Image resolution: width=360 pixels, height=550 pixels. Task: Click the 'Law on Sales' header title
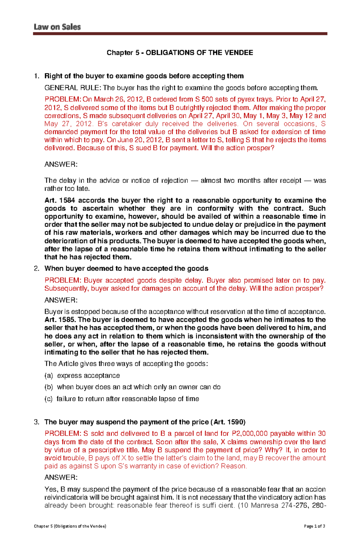(x=57, y=27)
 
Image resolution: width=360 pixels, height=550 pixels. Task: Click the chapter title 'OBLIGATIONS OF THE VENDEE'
(x=199, y=53)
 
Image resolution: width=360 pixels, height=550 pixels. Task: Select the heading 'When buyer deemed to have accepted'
(x=126, y=269)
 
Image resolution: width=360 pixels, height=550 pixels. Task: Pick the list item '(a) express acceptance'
(x=82, y=376)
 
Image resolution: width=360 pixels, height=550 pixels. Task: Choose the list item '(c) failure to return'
(x=122, y=399)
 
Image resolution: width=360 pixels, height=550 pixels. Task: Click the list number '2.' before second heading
(x=37, y=269)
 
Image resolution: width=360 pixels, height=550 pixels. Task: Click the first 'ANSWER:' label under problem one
(x=61, y=164)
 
